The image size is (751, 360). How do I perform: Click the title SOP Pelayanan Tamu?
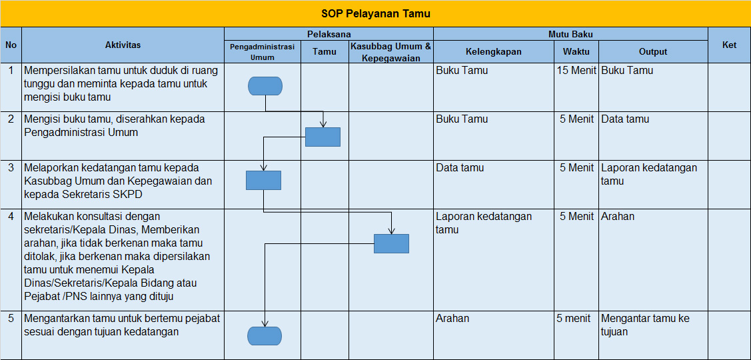click(x=376, y=14)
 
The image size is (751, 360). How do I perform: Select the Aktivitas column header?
click(x=123, y=45)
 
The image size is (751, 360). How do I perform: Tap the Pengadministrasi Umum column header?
click(x=262, y=52)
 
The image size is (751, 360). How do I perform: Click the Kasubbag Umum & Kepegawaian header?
click(x=390, y=52)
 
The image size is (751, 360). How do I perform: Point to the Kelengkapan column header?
click(x=493, y=52)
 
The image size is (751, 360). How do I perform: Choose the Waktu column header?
click(x=576, y=52)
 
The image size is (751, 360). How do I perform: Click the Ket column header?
click(x=729, y=45)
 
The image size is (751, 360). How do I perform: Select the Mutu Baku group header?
click(x=570, y=34)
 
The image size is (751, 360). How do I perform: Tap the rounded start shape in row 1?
click(x=265, y=86)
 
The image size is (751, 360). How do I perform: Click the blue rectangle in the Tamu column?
click(x=323, y=137)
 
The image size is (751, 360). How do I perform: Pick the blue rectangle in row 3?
click(x=263, y=180)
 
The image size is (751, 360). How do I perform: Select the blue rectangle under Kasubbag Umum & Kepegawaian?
click(x=391, y=243)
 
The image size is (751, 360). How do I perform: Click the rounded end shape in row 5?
click(x=265, y=336)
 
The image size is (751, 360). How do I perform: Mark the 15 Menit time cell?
click(x=576, y=71)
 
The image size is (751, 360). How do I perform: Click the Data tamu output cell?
click(x=625, y=119)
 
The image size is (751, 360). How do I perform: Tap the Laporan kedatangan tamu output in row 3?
click(x=648, y=175)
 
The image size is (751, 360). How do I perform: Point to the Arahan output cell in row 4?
click(x=617, y=216)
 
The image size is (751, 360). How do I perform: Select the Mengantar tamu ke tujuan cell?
click(x=644, y=325)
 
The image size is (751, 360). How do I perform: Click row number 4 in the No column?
click(x=11, y=216)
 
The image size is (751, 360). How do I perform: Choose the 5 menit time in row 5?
click(x=573, y=318)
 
